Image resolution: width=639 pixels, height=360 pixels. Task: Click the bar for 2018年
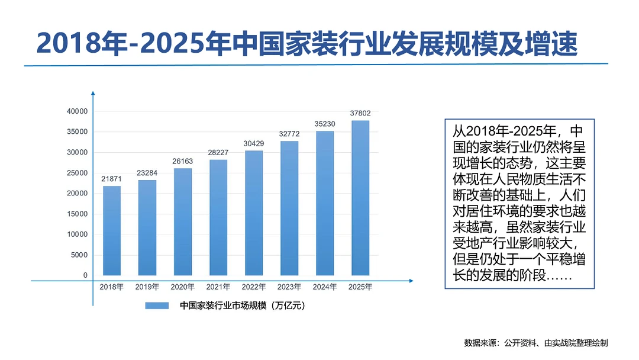[112, 231]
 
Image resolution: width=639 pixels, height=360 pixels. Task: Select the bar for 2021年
[218, 217]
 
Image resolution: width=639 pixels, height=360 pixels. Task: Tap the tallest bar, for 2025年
[360, 198]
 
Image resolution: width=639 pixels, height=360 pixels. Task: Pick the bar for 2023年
[289, 208]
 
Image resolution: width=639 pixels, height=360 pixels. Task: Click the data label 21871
[112, 179]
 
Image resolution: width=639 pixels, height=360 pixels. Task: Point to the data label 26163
[183, 161]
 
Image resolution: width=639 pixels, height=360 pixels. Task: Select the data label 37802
[360, 113]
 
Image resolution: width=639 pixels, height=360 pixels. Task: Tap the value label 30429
[254, 143]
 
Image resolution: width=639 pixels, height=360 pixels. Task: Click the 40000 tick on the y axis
[77, 111]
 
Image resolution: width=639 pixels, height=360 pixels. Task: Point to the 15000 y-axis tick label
[77, 214]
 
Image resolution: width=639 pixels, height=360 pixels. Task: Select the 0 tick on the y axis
[85, 275]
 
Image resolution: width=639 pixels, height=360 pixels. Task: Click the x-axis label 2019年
[147, 287]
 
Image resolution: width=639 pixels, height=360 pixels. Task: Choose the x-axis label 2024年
[325, 287]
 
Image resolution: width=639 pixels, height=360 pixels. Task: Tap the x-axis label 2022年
[254, 287]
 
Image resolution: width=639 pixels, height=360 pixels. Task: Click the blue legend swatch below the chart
[158, 306]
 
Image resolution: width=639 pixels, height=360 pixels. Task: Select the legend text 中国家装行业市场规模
[243, 306]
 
